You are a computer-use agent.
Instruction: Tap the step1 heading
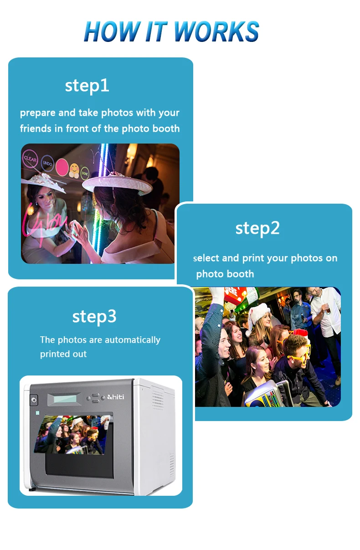tap(87, 86)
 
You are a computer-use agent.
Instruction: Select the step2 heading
tap(257, 228)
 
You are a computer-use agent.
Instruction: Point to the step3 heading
tap(94, 316)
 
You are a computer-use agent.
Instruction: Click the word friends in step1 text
tap(36, 129)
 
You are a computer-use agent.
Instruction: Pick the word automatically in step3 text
tap(132, 340)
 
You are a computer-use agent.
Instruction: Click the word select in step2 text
tap(206, 258)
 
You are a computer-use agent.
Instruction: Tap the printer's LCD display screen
tap(66, 399)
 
